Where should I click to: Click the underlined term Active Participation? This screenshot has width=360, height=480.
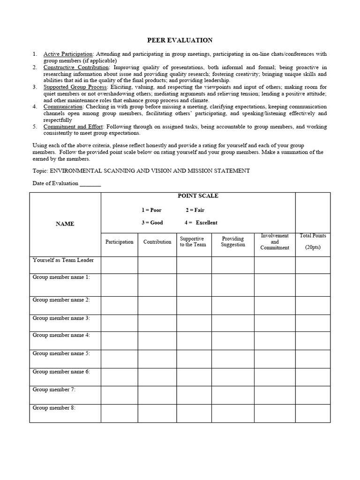(68, 54)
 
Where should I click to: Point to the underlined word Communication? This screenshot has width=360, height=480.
(61, 107)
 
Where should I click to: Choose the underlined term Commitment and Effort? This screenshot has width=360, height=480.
(72, 127)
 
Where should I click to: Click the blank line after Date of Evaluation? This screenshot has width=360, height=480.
(90, 184)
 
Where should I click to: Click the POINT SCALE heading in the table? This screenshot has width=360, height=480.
(197, 196)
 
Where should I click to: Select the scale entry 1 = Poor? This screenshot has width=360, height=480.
(151, 210)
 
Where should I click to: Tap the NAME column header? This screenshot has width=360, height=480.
(65, 224)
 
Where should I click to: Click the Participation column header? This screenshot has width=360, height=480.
(119, 242)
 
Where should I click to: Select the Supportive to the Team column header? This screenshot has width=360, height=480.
(193, 242)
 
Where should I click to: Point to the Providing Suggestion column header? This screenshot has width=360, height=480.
(233, 242)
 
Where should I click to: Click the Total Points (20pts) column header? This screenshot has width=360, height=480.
(313, 241)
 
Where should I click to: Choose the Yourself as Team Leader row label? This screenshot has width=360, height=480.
(63, 260)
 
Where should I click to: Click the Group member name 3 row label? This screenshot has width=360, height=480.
(61, 318)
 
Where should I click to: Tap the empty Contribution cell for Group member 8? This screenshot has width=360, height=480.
(157, 413)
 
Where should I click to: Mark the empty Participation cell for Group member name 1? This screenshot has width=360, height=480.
(119, 285)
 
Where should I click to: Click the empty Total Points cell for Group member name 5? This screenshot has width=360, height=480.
(313, 359)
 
